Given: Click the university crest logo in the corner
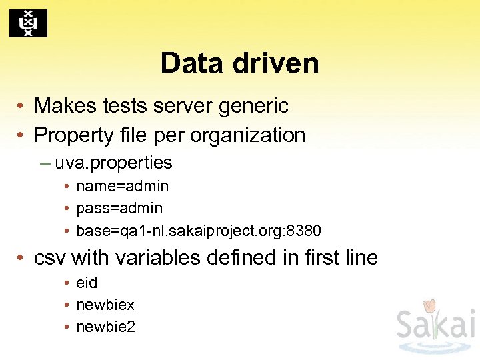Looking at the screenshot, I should pos(28,23).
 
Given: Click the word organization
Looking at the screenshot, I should pos(248,135).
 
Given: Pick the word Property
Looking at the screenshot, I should pos(73,135).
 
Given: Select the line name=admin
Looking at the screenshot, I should pos(122,186).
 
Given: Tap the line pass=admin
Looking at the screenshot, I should pos(119,209).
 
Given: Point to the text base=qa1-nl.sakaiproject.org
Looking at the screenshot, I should pos(178,231).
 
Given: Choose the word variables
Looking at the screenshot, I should pos(116,257).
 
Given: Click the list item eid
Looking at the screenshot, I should pos(87,283).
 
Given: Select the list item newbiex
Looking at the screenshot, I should pos(105,305).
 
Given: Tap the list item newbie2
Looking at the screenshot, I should pos(105,327).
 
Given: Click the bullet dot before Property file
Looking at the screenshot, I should pos(22,135).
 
